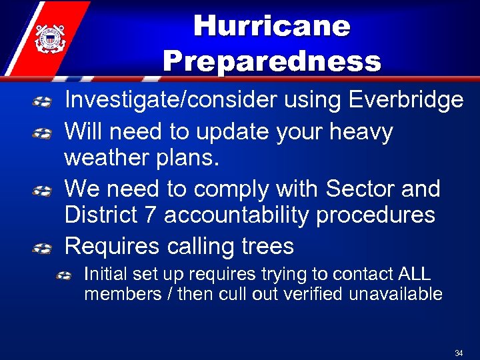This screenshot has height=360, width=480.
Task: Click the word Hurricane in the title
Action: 271,27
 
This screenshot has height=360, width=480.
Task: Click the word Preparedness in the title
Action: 271,61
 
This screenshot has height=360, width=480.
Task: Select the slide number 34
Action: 459,352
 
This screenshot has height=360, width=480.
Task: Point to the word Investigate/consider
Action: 169,100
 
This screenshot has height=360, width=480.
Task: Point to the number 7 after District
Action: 150,215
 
